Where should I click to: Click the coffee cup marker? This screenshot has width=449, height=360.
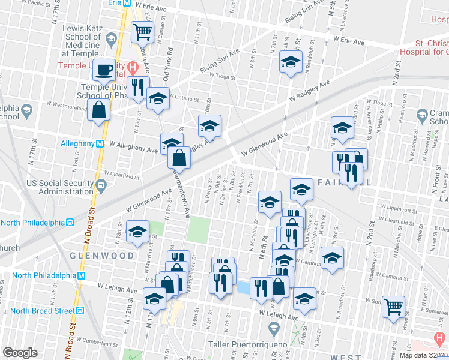(x=103, y=70)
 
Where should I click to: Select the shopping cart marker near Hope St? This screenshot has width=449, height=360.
(x=393, y=307)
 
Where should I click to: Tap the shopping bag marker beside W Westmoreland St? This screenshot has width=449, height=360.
(x=98, y=111)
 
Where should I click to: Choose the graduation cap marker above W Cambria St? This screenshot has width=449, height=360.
(x=332, y=257)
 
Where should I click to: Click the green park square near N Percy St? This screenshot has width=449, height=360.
(x=198, y=228)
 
